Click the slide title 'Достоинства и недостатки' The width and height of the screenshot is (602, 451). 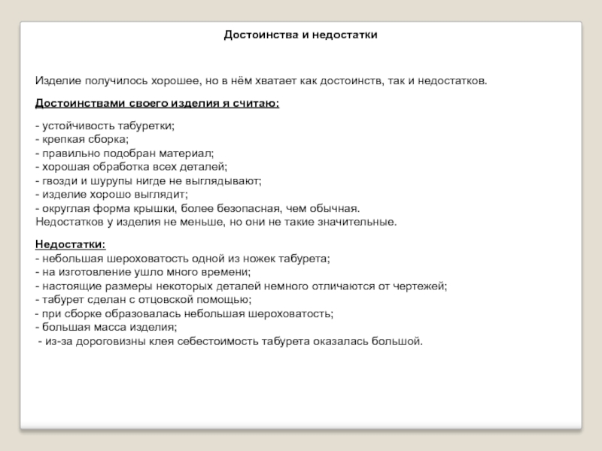coord(300,35)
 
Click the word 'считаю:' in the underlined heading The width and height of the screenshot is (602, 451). coord(260,103)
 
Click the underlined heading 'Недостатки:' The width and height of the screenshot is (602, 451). coord(71,245)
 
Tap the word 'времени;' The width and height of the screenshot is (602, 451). coord(229,272)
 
